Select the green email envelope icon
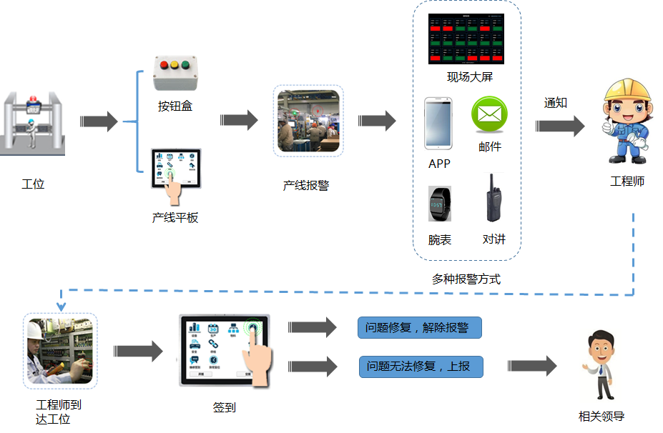[x=489, y=114]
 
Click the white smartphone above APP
[x=438, y=123]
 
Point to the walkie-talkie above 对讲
[x=491, y=199]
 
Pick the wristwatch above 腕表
[x=439, y=205]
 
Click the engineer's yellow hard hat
[x=627, y=91]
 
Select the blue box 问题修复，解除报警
[x=420, y=328]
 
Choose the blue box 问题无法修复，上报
[x=421, y=367]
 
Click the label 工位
[x=33, y=184]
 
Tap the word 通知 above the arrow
[x=556, y=103]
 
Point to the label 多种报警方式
[x=466, y=279]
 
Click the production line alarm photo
[x=308, y=121]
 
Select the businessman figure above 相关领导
[x=598, y=367]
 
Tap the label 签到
[x=225, y=407]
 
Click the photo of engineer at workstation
[x=60, y=351]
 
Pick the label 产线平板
[x=175, y=217]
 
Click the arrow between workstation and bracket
[x=99, y=121]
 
